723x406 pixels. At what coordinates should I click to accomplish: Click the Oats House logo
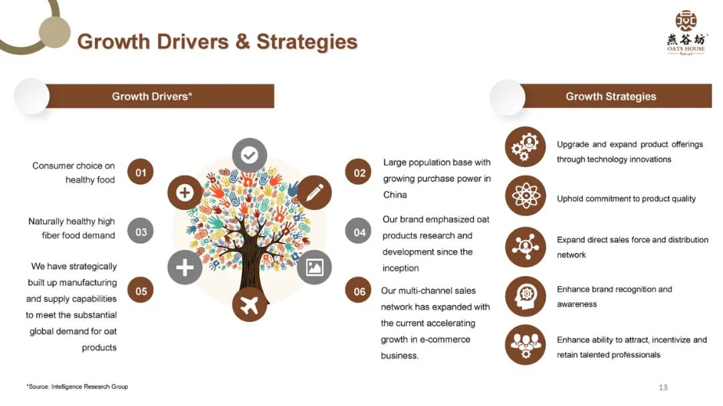pyautogui.click(x=686, y=32)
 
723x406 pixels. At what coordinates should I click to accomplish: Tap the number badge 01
pyautogui.click(x=141, y=173)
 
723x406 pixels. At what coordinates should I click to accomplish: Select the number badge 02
pyautogui.click(x=359, y=173)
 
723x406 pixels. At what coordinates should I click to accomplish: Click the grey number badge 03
pyautogui.click(x=141, y=232)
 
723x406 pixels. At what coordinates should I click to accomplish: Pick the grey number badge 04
pyautogui.click(x=359, y=232)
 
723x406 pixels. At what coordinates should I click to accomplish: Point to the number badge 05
pyautogui.click(x=141, y=291)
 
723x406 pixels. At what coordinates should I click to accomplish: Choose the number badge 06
pyautogui.click(x=359, y=291)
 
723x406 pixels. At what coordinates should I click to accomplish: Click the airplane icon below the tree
pyautogui.click(x=249, y=305)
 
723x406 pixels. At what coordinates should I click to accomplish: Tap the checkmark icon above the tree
pyautogui.click(x=249, y=155)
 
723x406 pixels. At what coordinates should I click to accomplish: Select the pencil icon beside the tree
pyautogui.click(x=314, y=193)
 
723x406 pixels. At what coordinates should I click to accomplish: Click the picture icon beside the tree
pyautogui.click(x=314, y=268)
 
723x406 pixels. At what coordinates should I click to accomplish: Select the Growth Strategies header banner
pyautogui.click(x=611, y=96)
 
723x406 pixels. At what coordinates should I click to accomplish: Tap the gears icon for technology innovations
pyautogui.click(x=526, y=146)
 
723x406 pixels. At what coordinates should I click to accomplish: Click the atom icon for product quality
pyautogui.click(x=526, y=196)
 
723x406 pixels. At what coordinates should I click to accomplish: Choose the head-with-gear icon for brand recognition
pyautogui.click(x=526, y=296)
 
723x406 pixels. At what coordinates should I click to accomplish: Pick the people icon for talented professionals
pyautogui.click(x=526, y=344)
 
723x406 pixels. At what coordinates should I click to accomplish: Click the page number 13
pyautogui.click(x=663, y=387)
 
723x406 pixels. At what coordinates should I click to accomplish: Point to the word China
pyautogui.click(x=395, y=195)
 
